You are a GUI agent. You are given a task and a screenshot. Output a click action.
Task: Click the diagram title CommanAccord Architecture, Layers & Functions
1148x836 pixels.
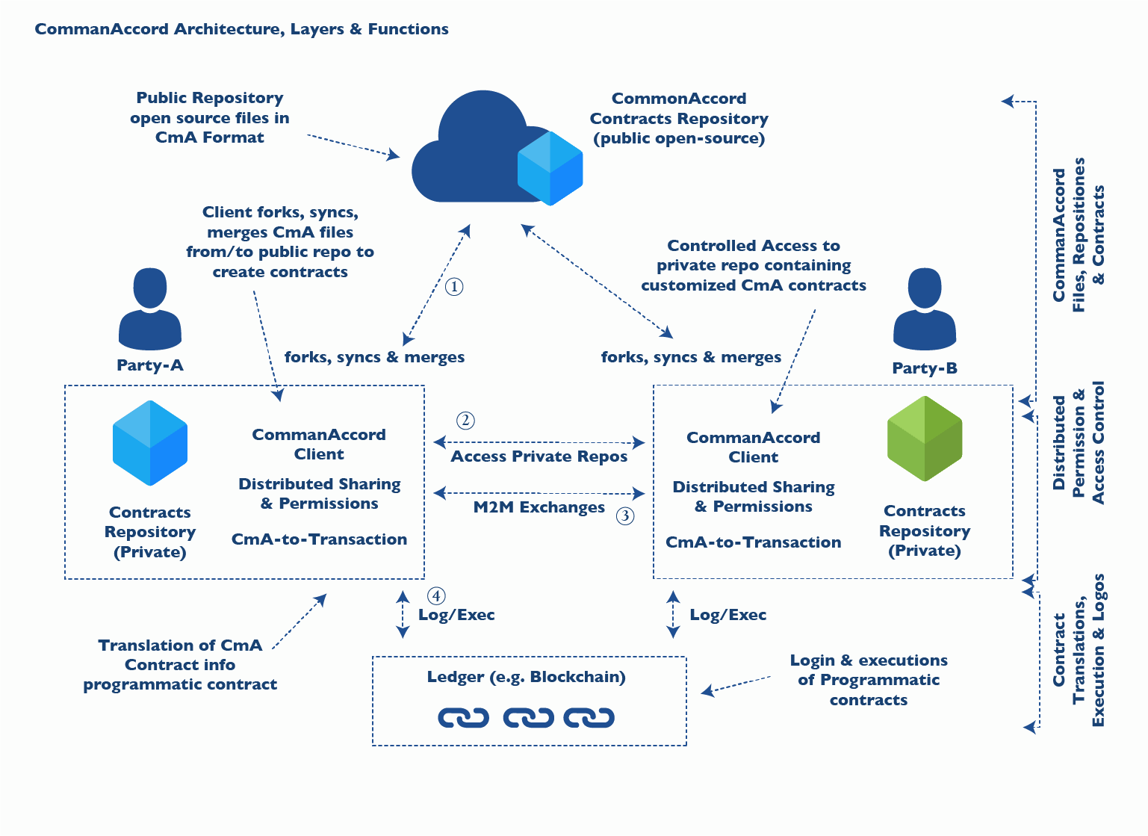pos(241,29)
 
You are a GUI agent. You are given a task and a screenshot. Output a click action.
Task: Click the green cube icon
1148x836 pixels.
pos(925,439)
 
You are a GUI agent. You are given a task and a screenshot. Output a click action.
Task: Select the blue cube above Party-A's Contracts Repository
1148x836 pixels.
pos(149,443)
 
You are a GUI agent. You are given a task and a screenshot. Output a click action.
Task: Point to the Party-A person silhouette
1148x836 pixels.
pos(149,309)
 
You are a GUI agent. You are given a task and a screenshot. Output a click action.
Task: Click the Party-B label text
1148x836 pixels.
pos(925,368)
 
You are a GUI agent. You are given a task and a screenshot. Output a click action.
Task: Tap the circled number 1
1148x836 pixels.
pos(454,287)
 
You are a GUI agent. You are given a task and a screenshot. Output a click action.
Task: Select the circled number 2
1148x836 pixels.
pos(465,421)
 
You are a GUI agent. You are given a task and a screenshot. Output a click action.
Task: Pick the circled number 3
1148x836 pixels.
pos(624,515)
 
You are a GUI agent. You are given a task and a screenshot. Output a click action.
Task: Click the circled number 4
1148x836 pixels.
pos(436,596)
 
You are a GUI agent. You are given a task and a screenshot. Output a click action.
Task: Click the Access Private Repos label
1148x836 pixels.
pos(539,456)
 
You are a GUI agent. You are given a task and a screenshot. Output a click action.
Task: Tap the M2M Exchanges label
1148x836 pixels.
pos(539,507)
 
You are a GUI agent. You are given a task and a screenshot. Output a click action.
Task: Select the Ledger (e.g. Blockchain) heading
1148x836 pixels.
pos(527,677)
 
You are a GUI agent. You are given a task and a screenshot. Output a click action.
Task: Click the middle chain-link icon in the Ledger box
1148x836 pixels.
pos(528,718)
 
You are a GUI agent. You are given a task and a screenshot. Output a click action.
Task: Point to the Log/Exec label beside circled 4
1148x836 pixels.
pos(456,615)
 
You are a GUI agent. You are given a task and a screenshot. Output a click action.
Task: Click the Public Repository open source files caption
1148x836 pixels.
pos(210,118)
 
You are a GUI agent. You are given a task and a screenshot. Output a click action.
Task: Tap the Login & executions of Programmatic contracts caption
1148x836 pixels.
pos(869,680)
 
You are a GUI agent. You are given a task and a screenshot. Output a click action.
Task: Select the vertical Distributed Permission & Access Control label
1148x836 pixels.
pos(1079,443)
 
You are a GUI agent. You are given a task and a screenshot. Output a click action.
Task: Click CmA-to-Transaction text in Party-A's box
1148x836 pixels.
pos(319,539)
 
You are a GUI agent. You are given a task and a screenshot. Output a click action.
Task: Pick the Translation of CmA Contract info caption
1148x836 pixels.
pos(180,665)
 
